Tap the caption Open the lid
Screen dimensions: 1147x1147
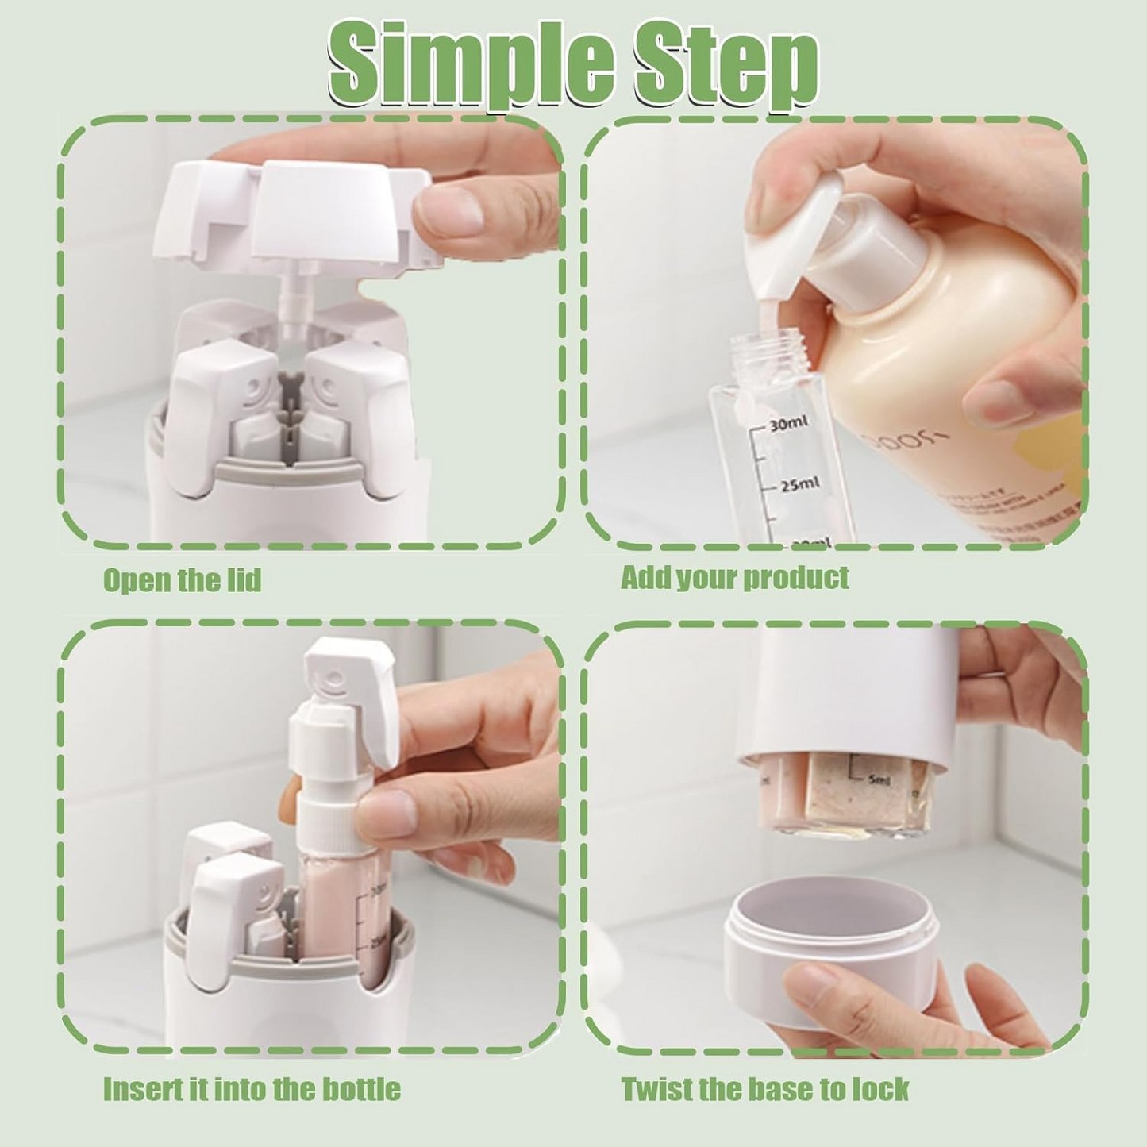point(182,580)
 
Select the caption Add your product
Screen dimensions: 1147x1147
point(734,578)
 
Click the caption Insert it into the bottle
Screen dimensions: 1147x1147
point(252,1089)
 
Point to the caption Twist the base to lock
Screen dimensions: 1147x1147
point(764,1089)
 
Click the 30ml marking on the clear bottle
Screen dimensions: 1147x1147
point(789,425)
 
